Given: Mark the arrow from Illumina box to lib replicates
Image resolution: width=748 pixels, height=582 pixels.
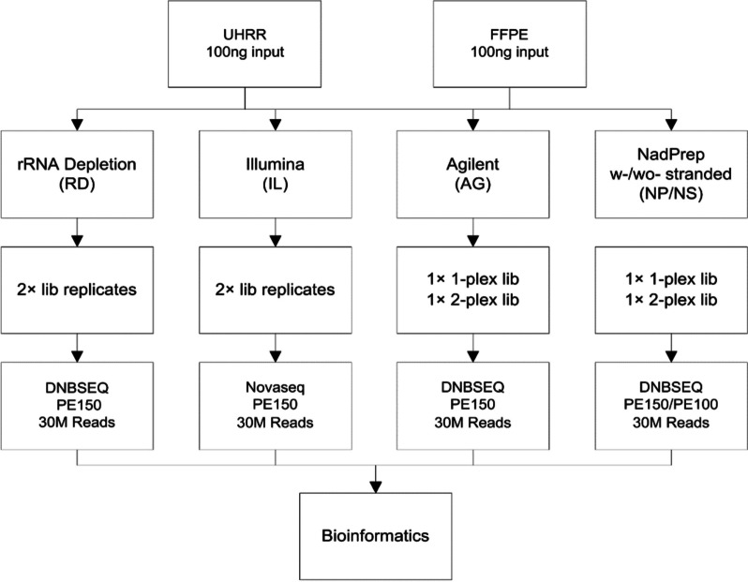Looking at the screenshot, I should (274, 230).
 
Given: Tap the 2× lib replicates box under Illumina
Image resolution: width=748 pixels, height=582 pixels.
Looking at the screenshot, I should (274, 290).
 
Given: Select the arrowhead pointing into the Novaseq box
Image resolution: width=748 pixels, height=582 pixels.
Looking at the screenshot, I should (274, 361).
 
